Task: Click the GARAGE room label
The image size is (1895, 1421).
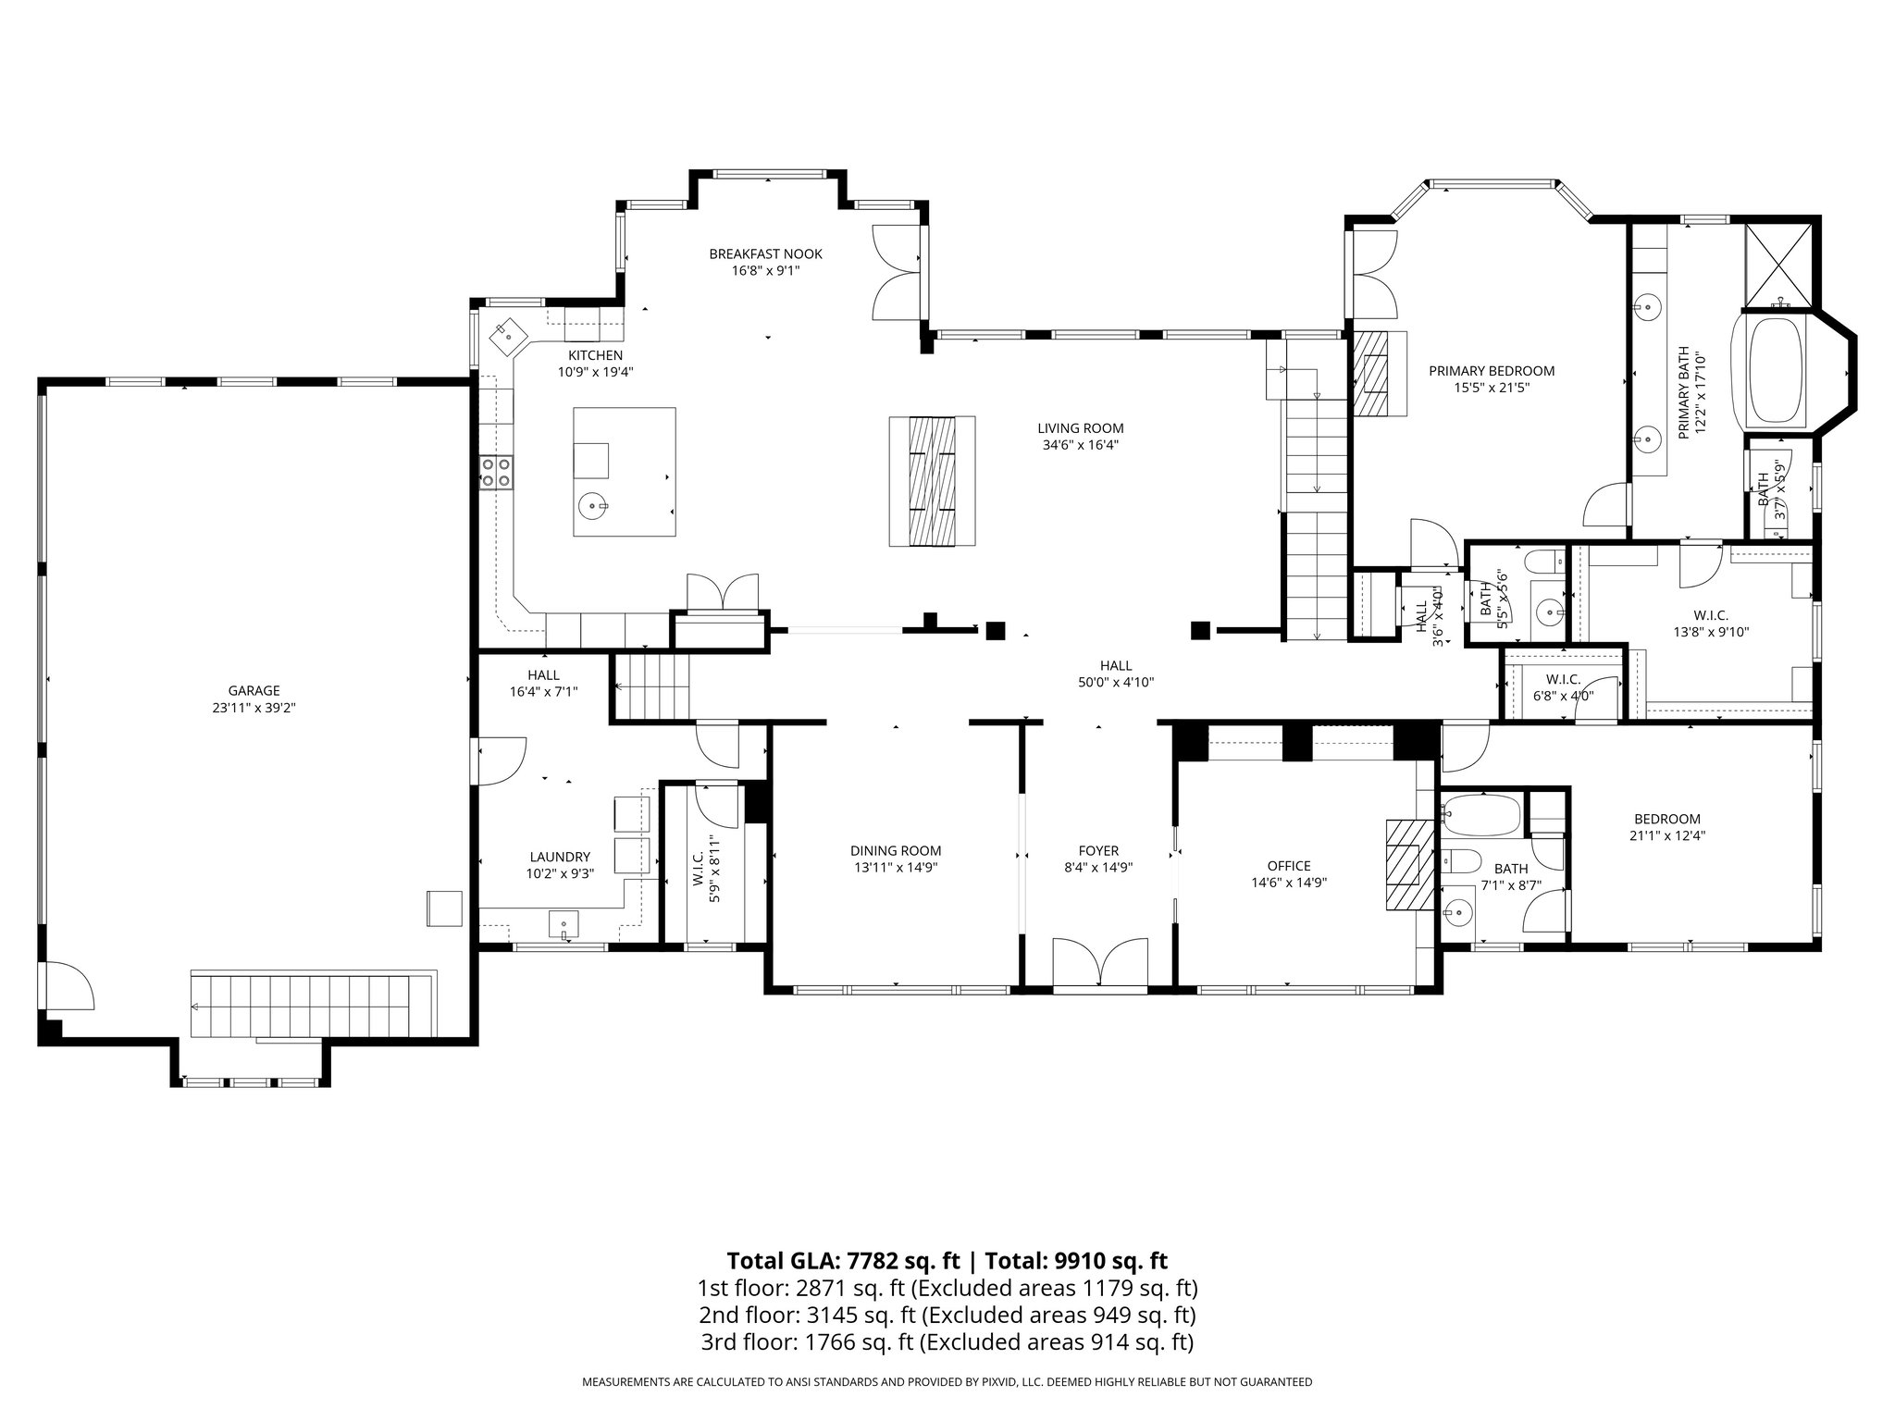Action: [254, 690]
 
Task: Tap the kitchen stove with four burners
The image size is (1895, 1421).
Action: [496, 472]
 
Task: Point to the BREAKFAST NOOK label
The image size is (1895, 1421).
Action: [765, 254]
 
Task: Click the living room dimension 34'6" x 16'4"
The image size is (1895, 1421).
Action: [1080, 445]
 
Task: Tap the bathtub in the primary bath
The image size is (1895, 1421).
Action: [1775, 371]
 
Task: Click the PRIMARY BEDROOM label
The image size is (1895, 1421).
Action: [1492, 371]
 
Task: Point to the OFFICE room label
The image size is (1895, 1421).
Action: [1289, 866]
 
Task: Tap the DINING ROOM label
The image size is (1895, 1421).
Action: [896, 851]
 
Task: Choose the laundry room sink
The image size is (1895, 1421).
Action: [564, 923]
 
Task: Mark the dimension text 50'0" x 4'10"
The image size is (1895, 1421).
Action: [1116, 683]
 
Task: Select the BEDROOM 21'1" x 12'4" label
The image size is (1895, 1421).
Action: [1666, 827]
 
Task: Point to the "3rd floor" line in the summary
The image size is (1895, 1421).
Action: [946, 1342]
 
